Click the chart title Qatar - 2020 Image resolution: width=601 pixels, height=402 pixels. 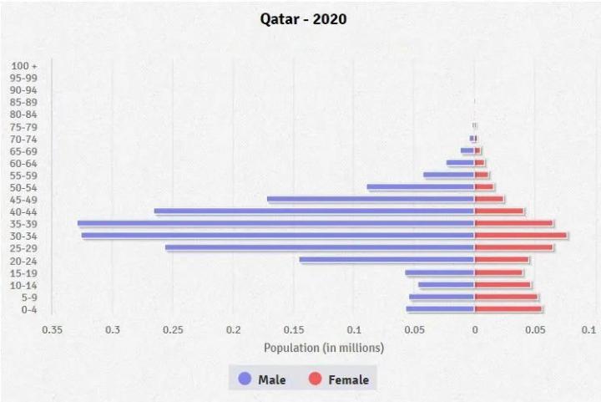(303, 19)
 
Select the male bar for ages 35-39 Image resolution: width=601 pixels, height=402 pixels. (275, 223)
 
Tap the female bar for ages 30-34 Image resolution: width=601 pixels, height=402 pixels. (521, 236)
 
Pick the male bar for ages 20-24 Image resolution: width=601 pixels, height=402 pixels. (386, 260)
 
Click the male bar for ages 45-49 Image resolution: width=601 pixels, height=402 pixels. (371, 199)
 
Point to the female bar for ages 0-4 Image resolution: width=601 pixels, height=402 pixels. (508, 309)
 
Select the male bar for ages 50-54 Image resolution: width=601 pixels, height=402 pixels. (421, 187)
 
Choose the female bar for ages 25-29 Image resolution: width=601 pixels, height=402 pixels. (513, 247)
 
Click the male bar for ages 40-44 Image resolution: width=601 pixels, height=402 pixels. (314, 211)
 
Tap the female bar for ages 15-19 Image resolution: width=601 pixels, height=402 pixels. (498, 272)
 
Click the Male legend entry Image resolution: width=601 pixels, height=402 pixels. (262, 379)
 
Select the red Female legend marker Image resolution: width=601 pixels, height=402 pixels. (315, 379)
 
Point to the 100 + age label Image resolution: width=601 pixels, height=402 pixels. (24, 65)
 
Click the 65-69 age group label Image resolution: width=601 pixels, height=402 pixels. (24, 150)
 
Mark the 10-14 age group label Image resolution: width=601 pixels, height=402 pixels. (24, 285)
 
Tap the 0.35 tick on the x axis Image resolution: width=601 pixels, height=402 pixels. (52, 330)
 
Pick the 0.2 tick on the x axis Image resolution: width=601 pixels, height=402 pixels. (233, 330)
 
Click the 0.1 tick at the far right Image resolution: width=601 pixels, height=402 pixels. (588, 330)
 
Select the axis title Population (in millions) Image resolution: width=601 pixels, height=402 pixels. (324, 347)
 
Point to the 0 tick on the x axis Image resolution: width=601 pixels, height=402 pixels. (474, 330)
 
